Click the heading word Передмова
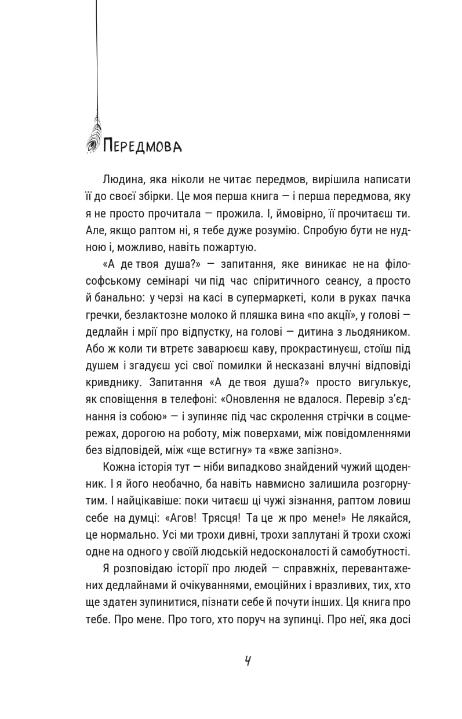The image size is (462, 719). (x=142, y=146)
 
